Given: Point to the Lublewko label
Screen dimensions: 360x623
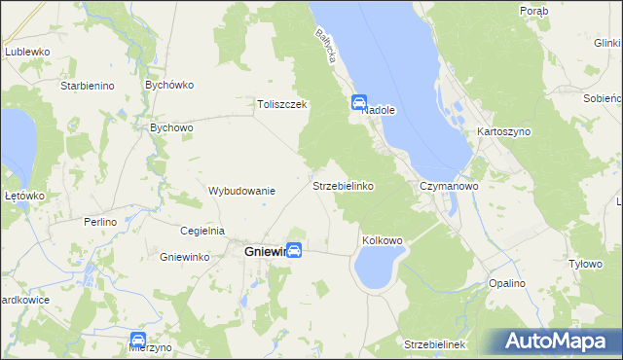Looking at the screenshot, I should (x=26, y=51).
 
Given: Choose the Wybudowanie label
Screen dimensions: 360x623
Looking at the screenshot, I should (x=242, y=191).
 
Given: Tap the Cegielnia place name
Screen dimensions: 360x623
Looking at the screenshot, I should (x=203, y=231).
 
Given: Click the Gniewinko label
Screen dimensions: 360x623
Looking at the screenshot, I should (x=185, y=257).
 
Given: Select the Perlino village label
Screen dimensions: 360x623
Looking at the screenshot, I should (x=99, y=222).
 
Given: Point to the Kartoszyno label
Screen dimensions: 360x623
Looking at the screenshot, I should (x=501, y=130).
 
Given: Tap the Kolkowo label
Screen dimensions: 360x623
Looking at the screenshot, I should (x=382, y=239).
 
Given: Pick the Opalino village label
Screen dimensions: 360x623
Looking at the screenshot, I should (x=507, y=283).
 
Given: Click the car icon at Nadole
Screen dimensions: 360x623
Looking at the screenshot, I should (x=358, y=101).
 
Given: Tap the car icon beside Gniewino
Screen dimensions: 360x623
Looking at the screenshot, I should (x=293, y=251).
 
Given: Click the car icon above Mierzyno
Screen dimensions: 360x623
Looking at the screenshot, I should (x=138, y=340).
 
